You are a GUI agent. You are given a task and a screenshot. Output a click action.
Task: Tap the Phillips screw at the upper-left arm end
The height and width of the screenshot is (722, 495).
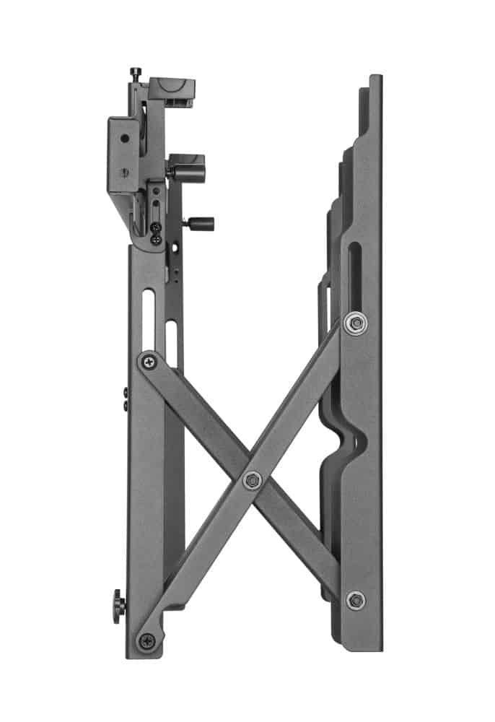(149, 360)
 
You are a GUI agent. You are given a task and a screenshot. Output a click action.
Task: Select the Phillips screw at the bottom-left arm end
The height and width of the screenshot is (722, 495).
(147, 640)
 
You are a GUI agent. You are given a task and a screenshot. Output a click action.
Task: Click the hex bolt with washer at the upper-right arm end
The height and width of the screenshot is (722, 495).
(354, 322)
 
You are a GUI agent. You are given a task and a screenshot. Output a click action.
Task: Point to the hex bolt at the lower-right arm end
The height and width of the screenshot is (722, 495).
(354, 599)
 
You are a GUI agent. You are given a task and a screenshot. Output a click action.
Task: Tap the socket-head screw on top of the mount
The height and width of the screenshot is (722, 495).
(135, 72)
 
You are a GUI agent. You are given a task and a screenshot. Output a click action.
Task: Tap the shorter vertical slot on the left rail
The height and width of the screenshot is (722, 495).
(172, 339)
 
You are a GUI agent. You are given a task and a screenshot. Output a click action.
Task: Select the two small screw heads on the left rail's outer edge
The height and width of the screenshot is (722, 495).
(126, 399)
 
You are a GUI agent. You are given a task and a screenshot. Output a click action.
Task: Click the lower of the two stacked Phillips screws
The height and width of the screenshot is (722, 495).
(155, 240)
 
